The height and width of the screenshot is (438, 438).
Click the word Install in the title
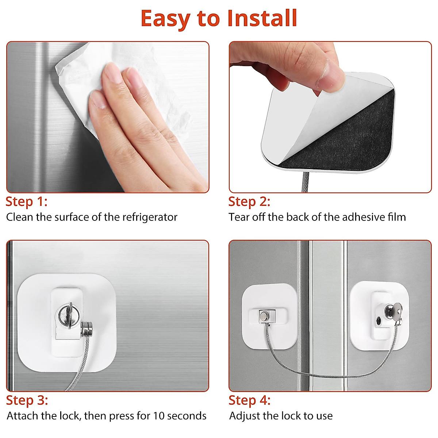tap(262, 18)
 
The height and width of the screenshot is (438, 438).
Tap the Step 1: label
tap(26, 201)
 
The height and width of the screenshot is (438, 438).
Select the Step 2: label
tap(249, 201)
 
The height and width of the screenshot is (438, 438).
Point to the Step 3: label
tap(27, 400)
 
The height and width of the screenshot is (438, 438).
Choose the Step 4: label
tap(249, 400)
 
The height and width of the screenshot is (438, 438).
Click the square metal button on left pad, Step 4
tap(264, 315)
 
